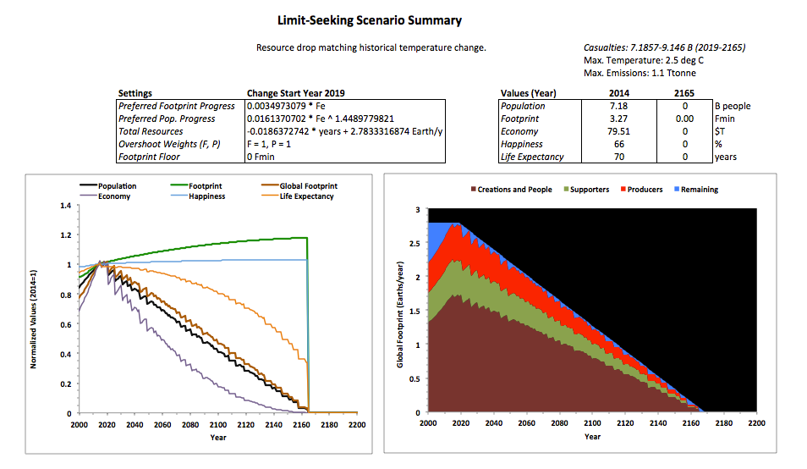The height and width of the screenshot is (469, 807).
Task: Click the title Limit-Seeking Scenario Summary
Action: [370, 19]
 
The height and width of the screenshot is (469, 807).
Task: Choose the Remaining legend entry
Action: [700, 190]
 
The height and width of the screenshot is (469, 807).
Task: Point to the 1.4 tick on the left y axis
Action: [65, 206]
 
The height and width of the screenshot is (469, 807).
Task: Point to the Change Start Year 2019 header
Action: [295, 92]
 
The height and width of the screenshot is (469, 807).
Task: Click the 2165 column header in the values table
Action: [684, 92]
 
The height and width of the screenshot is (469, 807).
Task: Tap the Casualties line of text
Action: [664, 48]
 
